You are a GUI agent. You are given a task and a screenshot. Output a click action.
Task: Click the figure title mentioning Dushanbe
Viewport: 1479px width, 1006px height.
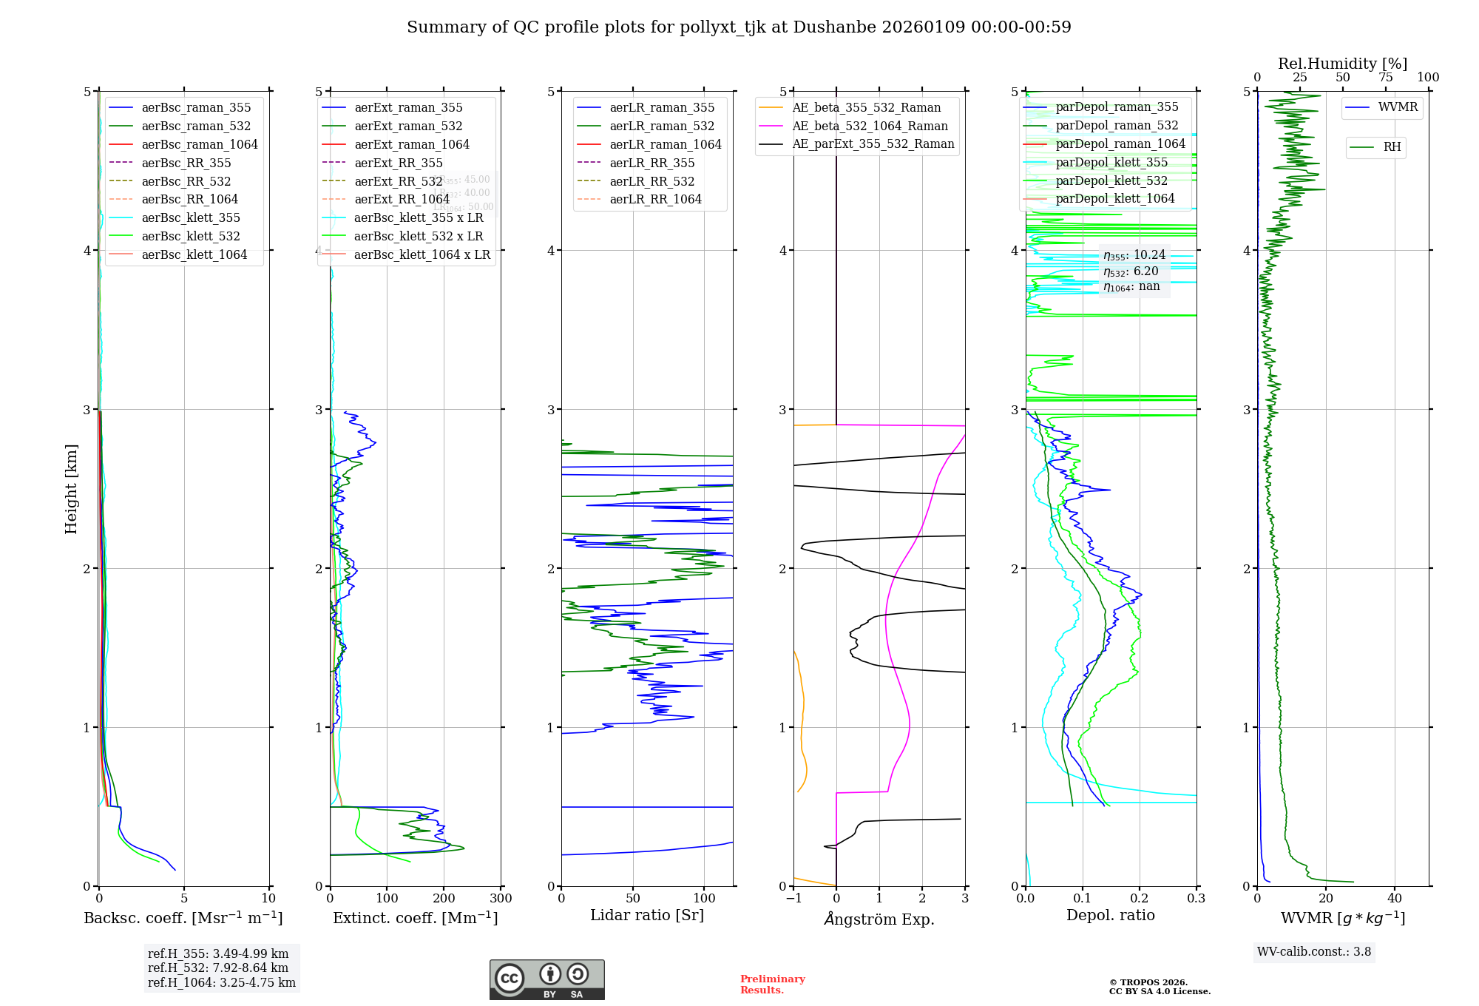(739, 27)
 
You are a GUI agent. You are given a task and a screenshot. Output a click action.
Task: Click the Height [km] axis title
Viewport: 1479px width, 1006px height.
(71, 488)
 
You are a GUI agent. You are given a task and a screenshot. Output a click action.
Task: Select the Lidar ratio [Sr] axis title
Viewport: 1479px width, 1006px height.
(647, 915)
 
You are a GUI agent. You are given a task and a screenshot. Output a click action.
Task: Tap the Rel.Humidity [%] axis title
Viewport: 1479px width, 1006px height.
(1342, 64)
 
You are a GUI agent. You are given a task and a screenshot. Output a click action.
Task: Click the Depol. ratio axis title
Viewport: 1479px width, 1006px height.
(1110, 915)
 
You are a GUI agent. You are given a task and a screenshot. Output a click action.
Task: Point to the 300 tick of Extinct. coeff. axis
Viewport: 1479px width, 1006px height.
(501, 899)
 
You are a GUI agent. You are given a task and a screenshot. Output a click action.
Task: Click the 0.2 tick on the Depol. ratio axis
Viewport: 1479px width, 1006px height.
(1140, 899)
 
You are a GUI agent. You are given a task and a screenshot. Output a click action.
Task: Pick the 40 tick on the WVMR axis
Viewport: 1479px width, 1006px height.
(1395, 899)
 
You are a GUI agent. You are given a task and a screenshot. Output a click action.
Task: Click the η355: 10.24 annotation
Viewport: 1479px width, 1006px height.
(1134, 255)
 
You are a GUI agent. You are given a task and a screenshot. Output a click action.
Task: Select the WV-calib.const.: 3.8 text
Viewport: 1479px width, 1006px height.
(1314, 952)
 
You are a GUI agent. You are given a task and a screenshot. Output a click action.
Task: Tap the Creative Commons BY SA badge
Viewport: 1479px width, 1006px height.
(546, 979)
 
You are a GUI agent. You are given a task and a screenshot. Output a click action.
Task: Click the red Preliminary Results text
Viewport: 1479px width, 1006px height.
(772, 985)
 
